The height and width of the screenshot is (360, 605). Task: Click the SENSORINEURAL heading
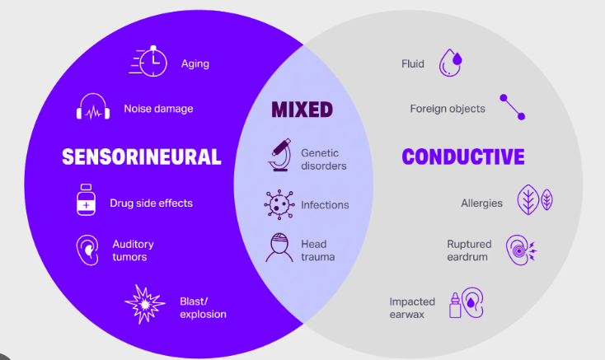[142, 157]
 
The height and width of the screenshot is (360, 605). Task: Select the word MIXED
[302, 110]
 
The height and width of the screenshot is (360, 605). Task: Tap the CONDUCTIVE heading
[463, 157]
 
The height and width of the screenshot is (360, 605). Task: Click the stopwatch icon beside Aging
[148, 61]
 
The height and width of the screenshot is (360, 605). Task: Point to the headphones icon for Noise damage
[93, 106]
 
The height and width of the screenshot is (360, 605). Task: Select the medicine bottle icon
[86, 199]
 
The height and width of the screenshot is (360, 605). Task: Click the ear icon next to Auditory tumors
[87, 250]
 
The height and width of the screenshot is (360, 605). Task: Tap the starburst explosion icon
[145, 304]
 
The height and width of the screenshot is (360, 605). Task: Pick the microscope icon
[280, 155]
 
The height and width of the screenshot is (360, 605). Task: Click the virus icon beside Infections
[279, 204]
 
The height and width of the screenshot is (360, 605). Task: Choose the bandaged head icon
[279, 248]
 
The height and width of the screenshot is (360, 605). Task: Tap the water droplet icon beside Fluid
[450, 63]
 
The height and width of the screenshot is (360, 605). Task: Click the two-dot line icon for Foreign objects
[513, 107]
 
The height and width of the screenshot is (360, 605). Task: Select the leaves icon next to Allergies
[535, 199]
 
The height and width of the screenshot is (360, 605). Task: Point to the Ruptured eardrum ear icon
[521, 250]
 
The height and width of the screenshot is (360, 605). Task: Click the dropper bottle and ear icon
[466, 303]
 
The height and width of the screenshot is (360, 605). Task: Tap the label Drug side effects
[152, 203]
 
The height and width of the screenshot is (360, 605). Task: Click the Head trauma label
[318, 250]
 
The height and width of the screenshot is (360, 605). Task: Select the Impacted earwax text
[412, 308]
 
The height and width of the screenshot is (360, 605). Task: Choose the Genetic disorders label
[324, 159]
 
